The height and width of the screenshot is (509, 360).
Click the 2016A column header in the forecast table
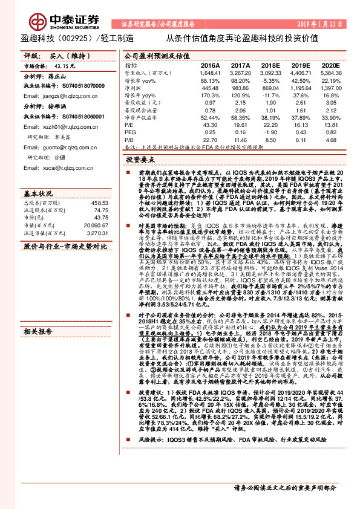click(x=210, y=65)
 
